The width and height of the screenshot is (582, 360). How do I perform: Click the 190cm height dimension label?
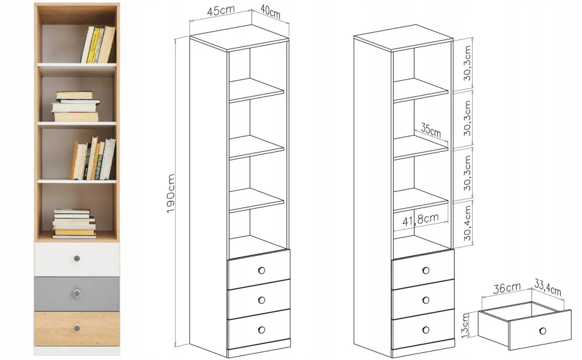pyautogui.click(x=170, y=194)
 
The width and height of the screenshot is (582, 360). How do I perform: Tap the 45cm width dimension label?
pyautogui.click(x=221, y=10)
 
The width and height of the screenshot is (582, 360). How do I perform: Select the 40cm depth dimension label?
pyautogui.click(x=270, y=11)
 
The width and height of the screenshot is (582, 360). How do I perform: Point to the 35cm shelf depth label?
pyautogui.click(x=431, y=129)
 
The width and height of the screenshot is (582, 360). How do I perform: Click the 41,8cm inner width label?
pyautogui.click(x=420, y=219)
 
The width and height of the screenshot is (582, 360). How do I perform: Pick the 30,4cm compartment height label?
pyautogui.click(x=468, y=224)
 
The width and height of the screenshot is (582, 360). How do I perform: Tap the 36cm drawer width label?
pyautogui.click(x=506, y=288)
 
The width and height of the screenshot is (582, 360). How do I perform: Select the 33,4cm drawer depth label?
pyautogui.click(x=548, y=286)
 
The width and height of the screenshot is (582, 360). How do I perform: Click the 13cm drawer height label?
pyautogui.click(x=466, y=325)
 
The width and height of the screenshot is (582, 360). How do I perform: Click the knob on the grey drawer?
pyautogui.click(x=77, y=293)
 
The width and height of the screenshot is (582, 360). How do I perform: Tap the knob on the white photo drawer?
pyautogui.click(x=77, y=259)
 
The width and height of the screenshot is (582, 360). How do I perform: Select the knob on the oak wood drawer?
pyautogui.click(x=77, y=328)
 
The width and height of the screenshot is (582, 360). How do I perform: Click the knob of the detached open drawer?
pyautogui.click(x=543, y=331)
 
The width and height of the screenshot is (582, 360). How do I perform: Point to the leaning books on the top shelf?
pyautogui.click(x=98, y=45)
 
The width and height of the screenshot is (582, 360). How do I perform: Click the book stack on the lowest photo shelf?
pyautogui.click(x=74, y=224)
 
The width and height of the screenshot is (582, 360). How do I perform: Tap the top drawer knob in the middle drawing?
pyautogui.click(x=262, y=270)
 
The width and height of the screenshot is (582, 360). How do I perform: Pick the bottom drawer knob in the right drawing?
pyautogui.click(x=426, y=330)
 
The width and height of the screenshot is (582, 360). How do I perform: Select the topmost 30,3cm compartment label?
pyautogui.click(x=468, y=63)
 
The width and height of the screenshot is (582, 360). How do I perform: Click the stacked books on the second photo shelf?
pyautogui.click(x=76, y=107)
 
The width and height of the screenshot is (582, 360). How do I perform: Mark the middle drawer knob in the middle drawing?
pyautogui.click(x=262, y=300)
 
